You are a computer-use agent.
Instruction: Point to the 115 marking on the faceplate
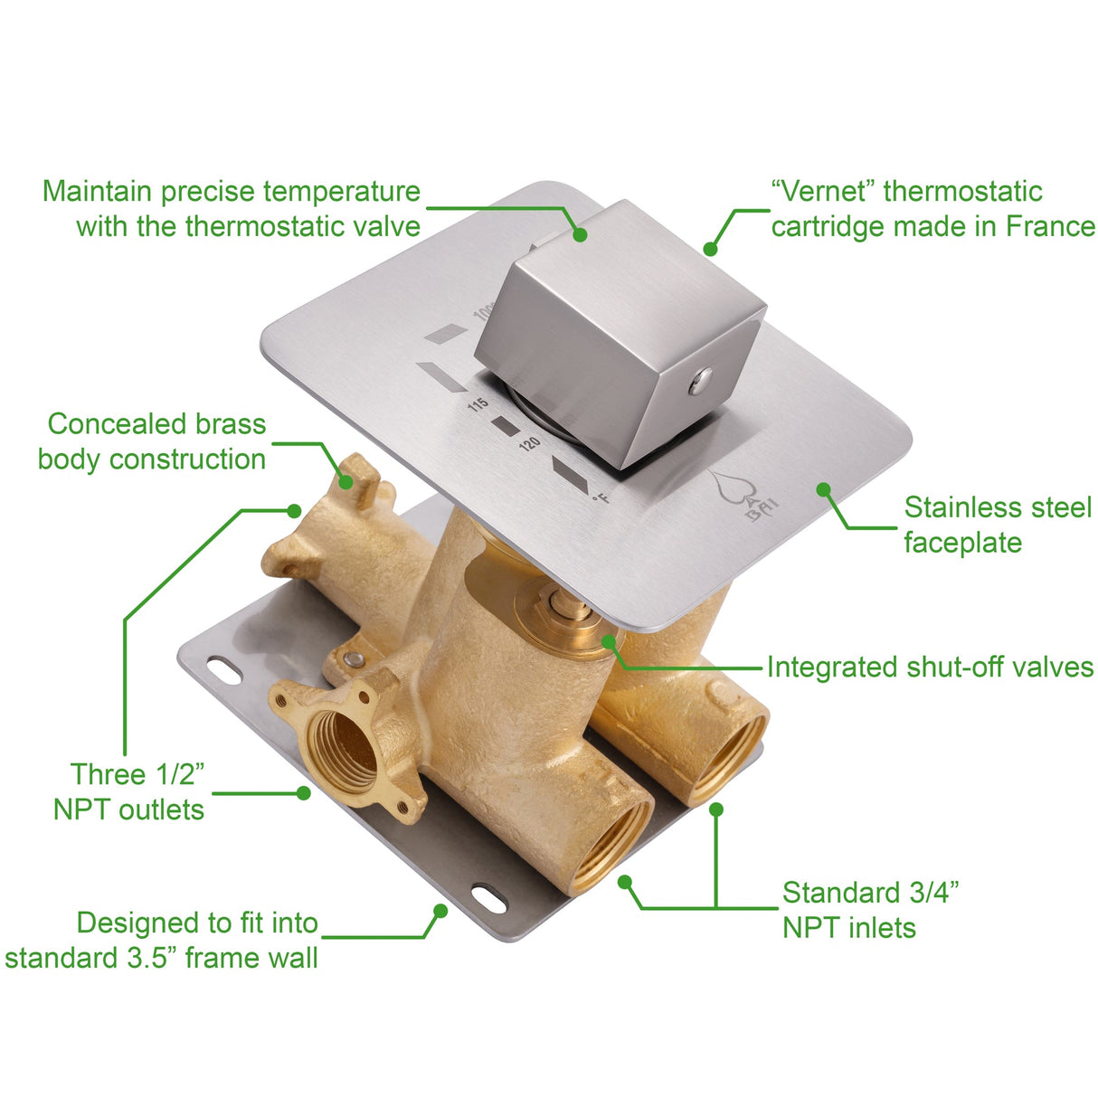tap(478, 403)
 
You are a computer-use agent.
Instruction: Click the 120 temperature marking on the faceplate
tap(529, 443)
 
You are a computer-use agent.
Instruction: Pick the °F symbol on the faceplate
tap(599, 496)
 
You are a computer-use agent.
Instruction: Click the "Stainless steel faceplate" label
tap(997, 525)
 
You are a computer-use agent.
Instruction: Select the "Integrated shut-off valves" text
tap(930, 667)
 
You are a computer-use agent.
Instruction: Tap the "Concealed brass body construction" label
tap(154, 441)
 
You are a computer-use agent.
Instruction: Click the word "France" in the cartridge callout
tap(1050, 226)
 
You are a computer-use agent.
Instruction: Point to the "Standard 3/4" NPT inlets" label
tap(868, 910)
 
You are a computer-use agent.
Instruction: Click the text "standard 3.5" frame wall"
tap(161, 958)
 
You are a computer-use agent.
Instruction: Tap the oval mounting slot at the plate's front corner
tap(489, 898)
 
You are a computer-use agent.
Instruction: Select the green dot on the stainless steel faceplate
tap(823, 489)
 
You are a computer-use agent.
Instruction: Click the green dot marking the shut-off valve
tap(610, 641)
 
